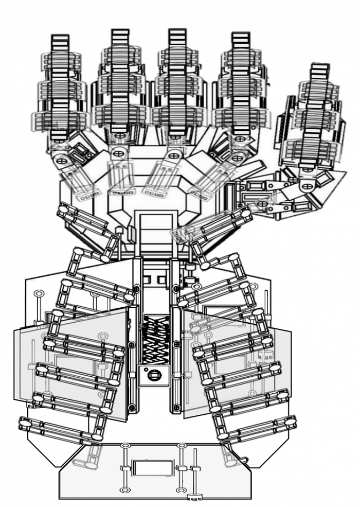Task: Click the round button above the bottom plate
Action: (x=153, y=375)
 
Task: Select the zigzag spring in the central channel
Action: (x=153, y=339)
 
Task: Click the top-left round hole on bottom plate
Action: (x=124, y=445)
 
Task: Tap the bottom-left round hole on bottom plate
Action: (x=124, y=490)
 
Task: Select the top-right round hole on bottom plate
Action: (x=181, y=445)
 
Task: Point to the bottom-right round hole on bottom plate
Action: (x=181, y=490)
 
